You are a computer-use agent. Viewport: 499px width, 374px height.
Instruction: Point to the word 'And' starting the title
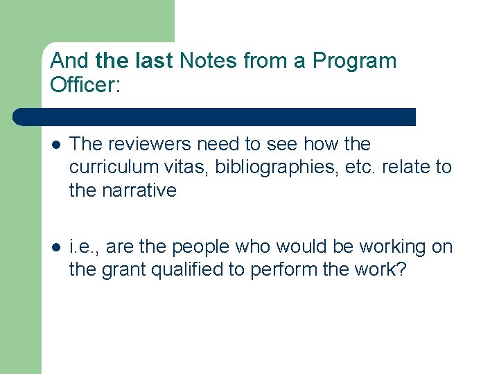(x=70, y=61)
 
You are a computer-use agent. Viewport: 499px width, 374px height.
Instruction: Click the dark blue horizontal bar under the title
(x=215, y=117)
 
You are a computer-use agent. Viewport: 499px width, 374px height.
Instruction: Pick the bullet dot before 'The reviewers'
(x=55, y=145)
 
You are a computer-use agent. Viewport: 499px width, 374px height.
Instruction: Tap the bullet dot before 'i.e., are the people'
(x=55, y=247)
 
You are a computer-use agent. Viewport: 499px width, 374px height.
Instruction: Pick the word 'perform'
(x=290, y=270)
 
